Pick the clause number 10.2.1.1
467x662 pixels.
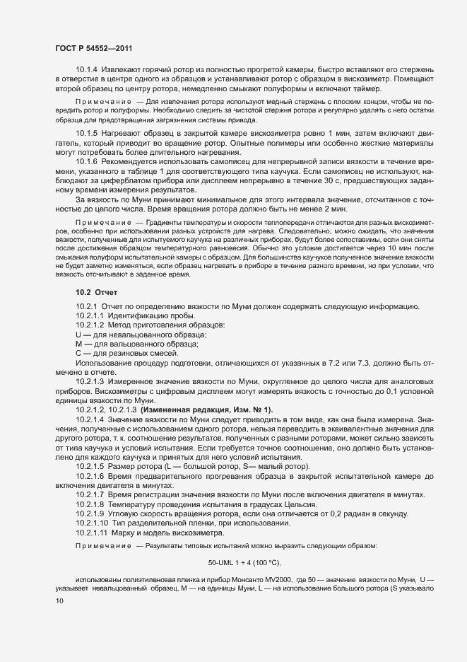(x=90, y=315)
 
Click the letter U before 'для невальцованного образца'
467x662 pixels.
(x=78, y=334)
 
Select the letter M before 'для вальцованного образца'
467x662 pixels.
(x=78, y=344)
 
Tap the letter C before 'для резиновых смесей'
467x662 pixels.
(x=78, y=353)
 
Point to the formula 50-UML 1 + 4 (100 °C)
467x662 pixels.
(x=244, y=562)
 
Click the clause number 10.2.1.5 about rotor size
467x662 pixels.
(x=90, y=466)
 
